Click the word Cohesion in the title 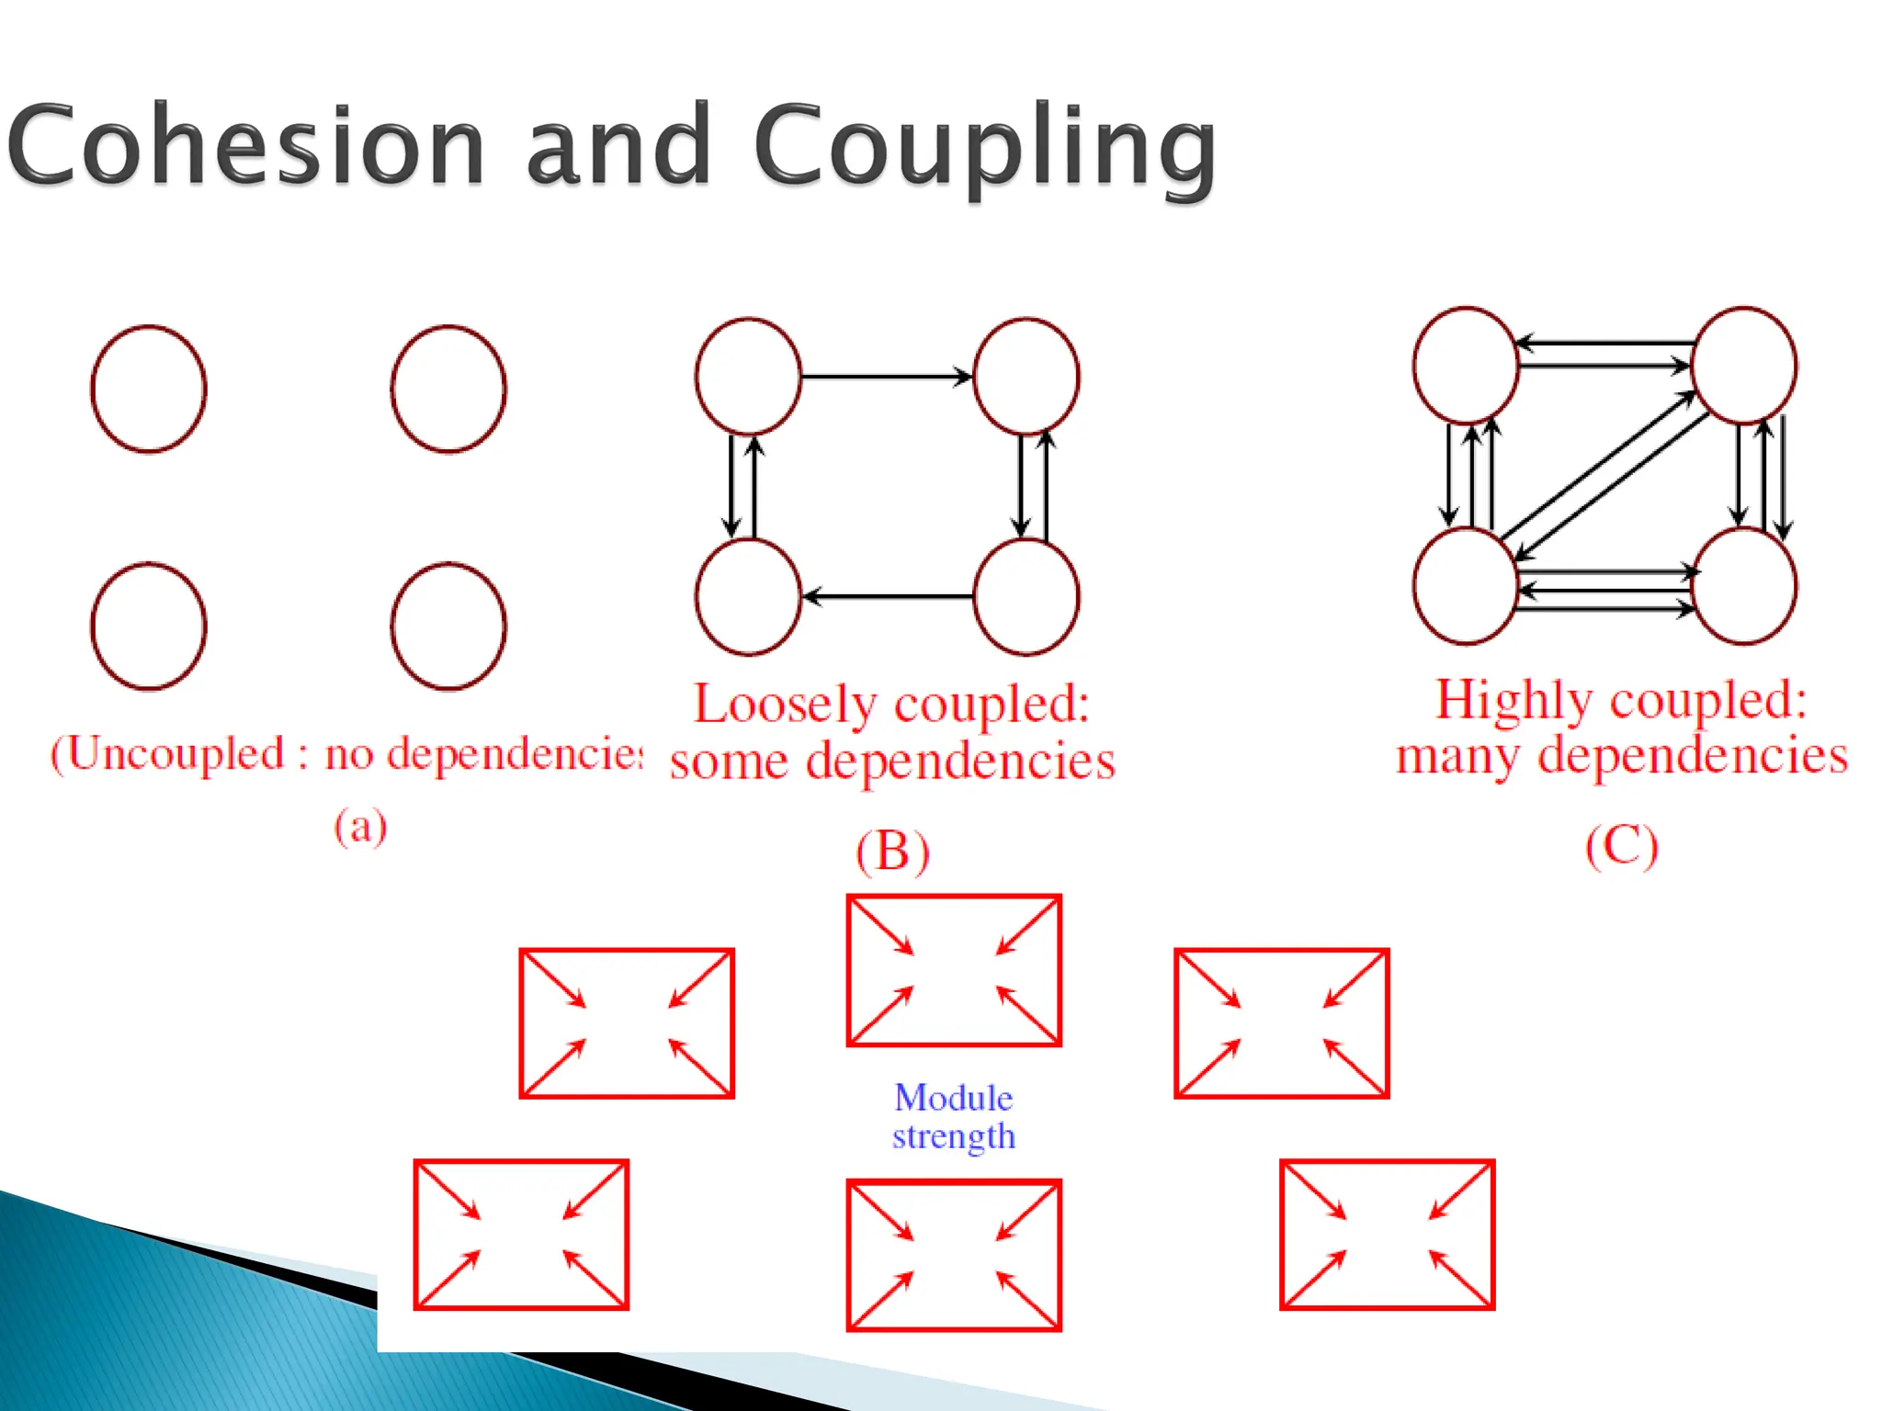[x=246, y=145]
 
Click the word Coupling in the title [x=985, y=147]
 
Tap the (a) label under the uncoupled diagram [x=360, y=826]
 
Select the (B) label [x=892, y=851]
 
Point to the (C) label [x=1622, y=845]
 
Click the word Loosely [x=785, y=705]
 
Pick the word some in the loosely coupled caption [x=729, y=762]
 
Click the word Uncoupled [x=175, y=754]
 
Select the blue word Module [x=953, y=1098]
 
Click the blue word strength [x=953, y=1137]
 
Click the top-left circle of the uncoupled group [x=149, y=389]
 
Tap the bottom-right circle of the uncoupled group [x=448, y=626]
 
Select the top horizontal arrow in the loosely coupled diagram [x=886, y=377]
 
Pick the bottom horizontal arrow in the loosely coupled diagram [x=888, y=597]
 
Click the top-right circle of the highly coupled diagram [x=1743, y=366]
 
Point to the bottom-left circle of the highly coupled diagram [x=1465, y=586]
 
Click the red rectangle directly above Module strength [x=954, y=970]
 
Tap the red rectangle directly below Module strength [x=954, y=1255]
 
